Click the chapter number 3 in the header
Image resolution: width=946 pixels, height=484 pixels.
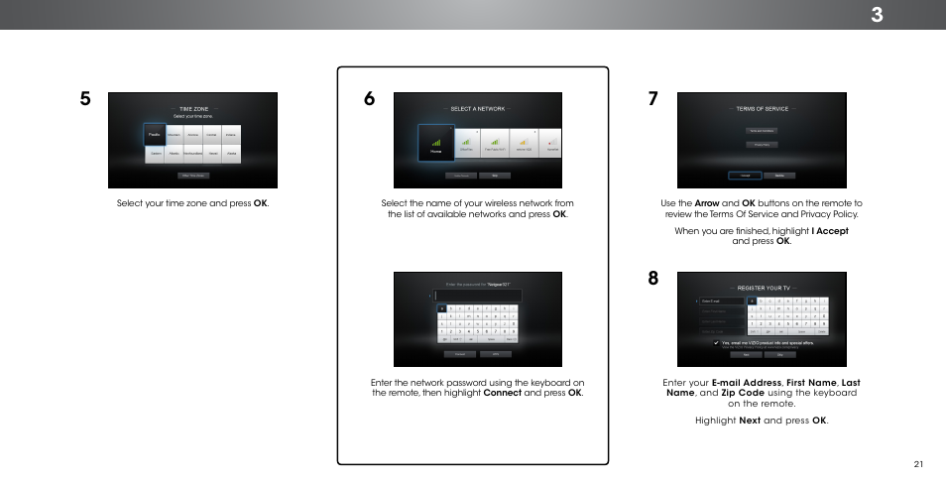904,14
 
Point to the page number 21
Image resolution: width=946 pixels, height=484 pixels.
919,463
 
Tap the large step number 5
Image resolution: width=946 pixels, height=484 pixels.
86,99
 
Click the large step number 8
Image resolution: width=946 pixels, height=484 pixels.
653,279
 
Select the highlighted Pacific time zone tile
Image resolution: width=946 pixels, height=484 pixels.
154,134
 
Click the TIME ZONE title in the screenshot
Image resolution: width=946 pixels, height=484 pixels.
193,109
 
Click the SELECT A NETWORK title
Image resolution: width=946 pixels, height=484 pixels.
477,107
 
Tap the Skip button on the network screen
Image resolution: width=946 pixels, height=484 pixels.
496,176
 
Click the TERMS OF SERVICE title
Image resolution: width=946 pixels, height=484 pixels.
762,108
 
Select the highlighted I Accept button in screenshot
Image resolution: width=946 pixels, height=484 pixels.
745,176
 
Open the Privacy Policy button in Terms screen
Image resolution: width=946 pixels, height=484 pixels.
762,144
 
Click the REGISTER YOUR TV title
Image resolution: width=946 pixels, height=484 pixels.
762,288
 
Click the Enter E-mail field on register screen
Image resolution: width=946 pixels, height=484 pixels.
719,301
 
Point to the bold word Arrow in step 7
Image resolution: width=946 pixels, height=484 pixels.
705,203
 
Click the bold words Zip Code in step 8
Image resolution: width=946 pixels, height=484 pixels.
742,392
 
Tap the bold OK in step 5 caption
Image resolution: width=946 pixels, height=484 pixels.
261,203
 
